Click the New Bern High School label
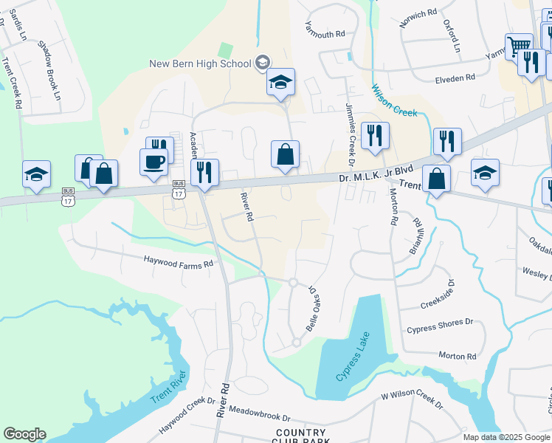pos(200,63)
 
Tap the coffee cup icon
pos(153,162)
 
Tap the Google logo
pos(24,433)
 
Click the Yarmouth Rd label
pos(325,34)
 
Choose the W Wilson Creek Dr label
pos(412,401)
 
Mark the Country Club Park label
pos(300,436)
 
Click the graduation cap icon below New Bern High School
pos(280,83)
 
